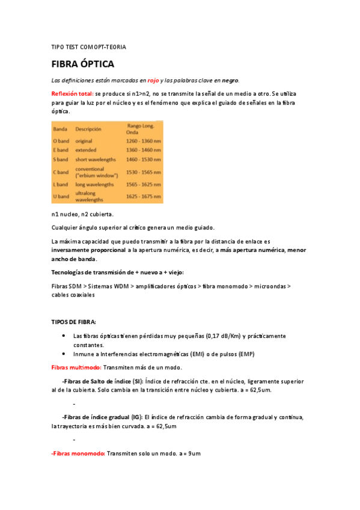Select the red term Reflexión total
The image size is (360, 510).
click(x=72, y=94)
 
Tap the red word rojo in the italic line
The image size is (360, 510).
click(x=153, y=80)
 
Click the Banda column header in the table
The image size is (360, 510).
click(x=60, y=129)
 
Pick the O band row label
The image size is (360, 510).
click(x=62, y=141)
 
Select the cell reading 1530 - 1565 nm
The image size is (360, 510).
click(x=144, y=172)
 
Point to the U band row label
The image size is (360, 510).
click(x=62, y=196)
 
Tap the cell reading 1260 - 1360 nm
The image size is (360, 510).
click(x=144, y=141)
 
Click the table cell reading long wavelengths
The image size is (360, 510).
click(x=94, y=185)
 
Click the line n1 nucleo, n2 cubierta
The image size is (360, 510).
click(x=82, y=214)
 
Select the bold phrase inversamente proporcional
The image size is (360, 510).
click(x=88, y=250)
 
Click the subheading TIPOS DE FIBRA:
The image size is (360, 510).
click(x=73, y=322)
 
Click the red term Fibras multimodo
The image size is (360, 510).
click(x=76, y=367)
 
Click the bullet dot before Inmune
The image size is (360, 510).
click(x=64, y=354)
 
